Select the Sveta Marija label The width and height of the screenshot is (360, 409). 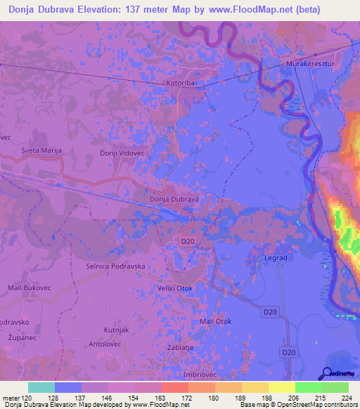pos(42,150)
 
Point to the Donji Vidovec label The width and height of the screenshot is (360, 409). pos(122,153)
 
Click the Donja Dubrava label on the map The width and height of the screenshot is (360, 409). pos(175,199)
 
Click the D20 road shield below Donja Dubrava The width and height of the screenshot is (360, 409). pos(187,241)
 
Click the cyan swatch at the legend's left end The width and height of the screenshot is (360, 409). pos(41,387)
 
